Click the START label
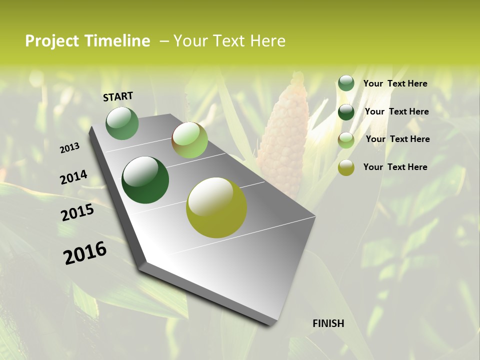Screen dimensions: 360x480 (x=118, y=96)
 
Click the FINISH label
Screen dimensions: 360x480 (x=328, y=323)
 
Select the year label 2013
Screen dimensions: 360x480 (x=69, y=148)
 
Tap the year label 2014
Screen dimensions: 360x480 (x=73, y=177)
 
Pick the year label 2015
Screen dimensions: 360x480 (x=77, y=212)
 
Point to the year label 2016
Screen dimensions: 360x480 (x=85, y=253)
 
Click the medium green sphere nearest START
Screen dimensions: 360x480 (x=122, y=123)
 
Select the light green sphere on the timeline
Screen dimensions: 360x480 (x=189, y=140)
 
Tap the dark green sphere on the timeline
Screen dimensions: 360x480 (x=145, y=180)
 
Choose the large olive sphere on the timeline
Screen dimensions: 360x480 (x=216, y=207)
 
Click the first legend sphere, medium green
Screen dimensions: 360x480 (x=346, y=83)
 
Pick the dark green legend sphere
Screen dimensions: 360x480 (x=346, y=112)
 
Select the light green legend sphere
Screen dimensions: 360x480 (x=346, y=140)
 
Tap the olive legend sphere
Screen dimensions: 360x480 (x=346, y=167)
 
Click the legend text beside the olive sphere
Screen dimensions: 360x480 (x=395, y=167)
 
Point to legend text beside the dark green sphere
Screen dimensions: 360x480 (x=396, y=111)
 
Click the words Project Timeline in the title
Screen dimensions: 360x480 (x=87, y=41)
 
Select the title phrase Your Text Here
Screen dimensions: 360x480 (x=229, y=41)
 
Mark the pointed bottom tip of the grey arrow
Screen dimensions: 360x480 (x=270, y=325)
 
